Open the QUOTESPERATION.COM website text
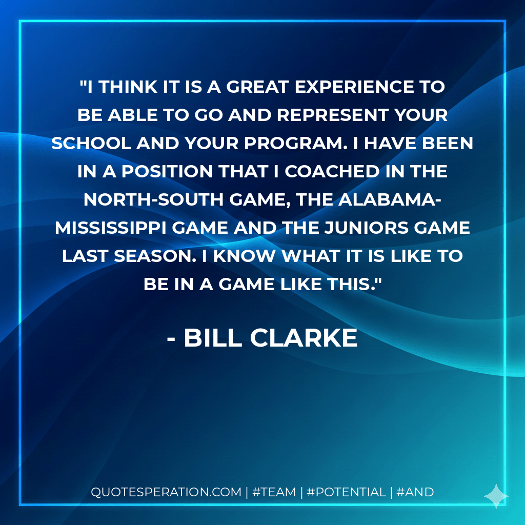pyautogui.click(x=166, y=492)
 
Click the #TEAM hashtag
pyautogui.click(x=274, y=492)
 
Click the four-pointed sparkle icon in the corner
pyautogui.click(x=496, y=495)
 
